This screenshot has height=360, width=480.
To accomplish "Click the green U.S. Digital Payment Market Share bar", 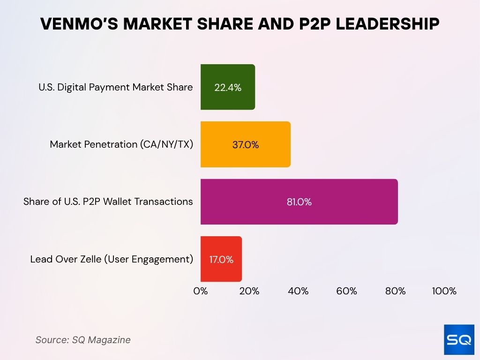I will [x=228, y=87].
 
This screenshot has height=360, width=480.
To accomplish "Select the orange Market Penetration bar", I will [x=245, y=144].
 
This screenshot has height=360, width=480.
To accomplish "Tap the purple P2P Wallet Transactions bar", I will [x=299, y=202].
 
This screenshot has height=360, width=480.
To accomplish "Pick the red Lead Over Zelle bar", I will [x=221, y=259].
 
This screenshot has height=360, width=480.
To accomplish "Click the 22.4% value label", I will [x=228, y=87].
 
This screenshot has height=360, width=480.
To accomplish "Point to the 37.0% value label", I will [x=245, y=145].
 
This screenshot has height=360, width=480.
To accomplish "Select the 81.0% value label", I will [x=299, y=202].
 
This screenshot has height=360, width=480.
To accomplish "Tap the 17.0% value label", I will [x=221, y=259].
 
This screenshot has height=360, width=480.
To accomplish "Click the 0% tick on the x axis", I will [x=201, y=291].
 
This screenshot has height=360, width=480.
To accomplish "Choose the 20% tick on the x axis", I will [x=249, y=291].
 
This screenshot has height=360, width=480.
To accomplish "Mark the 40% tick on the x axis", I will [x=298, y=291].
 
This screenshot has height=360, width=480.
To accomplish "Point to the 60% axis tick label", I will [x=347, y=291].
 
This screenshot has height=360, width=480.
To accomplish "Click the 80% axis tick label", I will [x=396, y=291].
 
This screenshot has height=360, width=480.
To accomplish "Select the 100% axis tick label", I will [x=444, y=291].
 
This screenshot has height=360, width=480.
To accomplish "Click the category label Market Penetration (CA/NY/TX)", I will [x=121, y=144].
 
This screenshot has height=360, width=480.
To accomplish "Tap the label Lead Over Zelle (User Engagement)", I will [x=112, y=259].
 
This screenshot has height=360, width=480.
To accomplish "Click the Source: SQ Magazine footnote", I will [x=83, y=340].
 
